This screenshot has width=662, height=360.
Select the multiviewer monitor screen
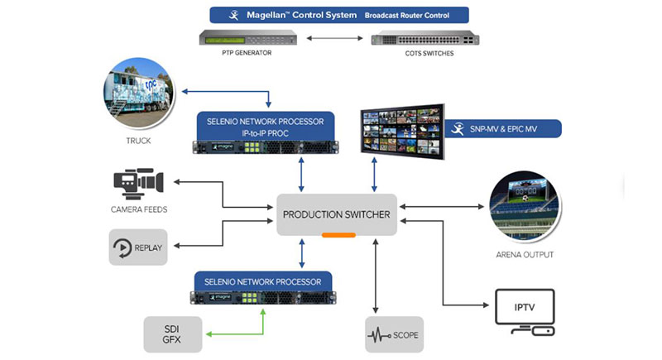tap(401, 130)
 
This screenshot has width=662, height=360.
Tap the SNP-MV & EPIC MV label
tap(504, 128)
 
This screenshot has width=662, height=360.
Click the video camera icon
tap(138, 183)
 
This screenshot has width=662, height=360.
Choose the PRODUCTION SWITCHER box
tap(336, 214)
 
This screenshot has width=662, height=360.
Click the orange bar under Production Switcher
tap(338, 235)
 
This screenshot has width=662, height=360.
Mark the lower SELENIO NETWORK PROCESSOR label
tap(264, 281)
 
